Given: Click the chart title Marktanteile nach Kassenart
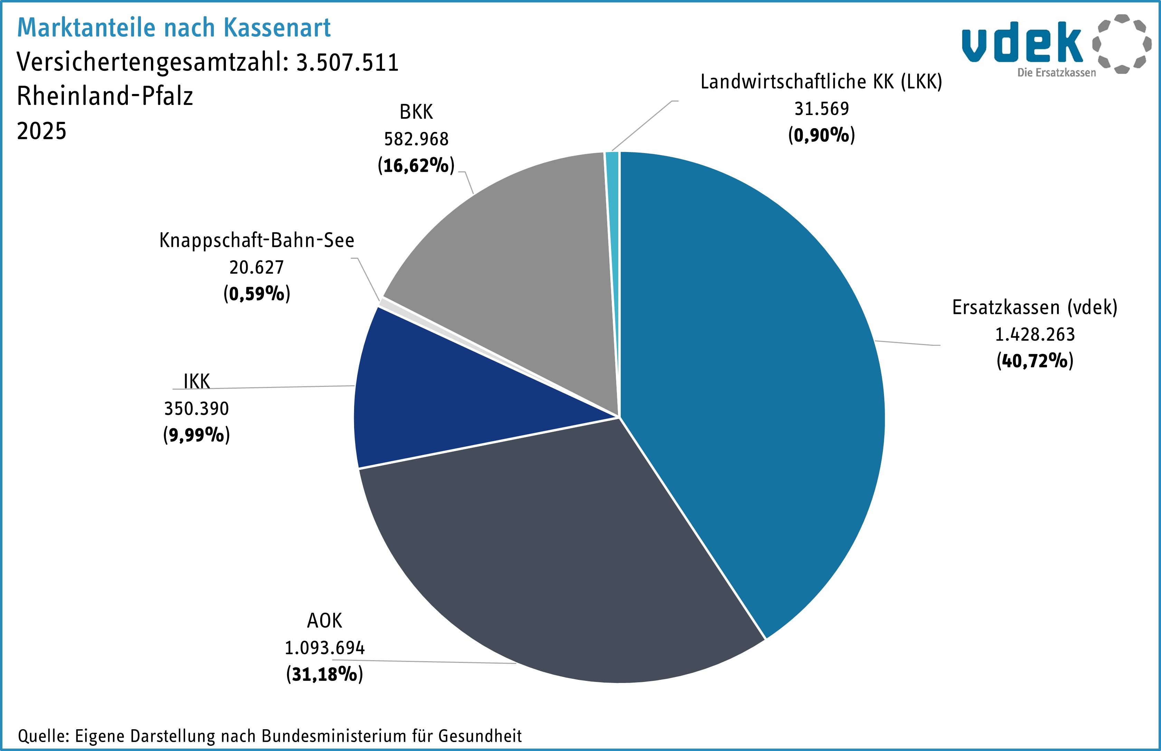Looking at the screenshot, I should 174,27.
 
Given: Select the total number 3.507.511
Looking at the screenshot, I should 347,63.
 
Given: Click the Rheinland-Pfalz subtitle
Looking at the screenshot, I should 105,96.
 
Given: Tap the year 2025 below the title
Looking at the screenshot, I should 41,131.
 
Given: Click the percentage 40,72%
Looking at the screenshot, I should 1035,361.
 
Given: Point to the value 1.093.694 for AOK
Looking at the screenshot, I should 324,648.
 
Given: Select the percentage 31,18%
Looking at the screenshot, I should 324,674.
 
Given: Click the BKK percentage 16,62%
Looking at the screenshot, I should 416,166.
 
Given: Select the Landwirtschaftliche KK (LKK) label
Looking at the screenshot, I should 821,82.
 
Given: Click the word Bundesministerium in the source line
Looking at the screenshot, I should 334,735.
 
